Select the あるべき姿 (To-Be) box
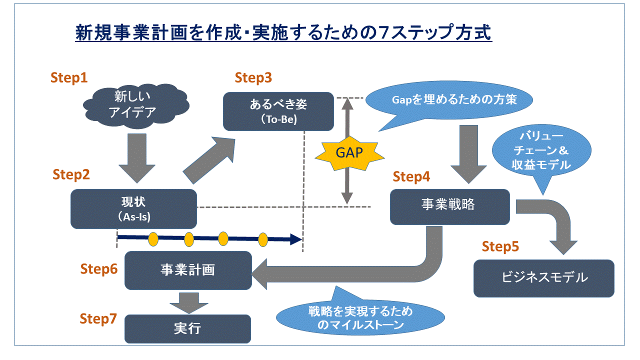pos(278,111)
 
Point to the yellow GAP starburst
pos(349,152)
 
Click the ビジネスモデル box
pos(543,278)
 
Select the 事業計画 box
pos(187,270)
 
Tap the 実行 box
pos(187,328)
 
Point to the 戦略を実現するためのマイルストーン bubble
pos(360,317)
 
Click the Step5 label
pos(500,246)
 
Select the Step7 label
pos(98,319)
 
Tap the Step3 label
pos(253,77)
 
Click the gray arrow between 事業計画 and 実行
pos(187,301)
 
